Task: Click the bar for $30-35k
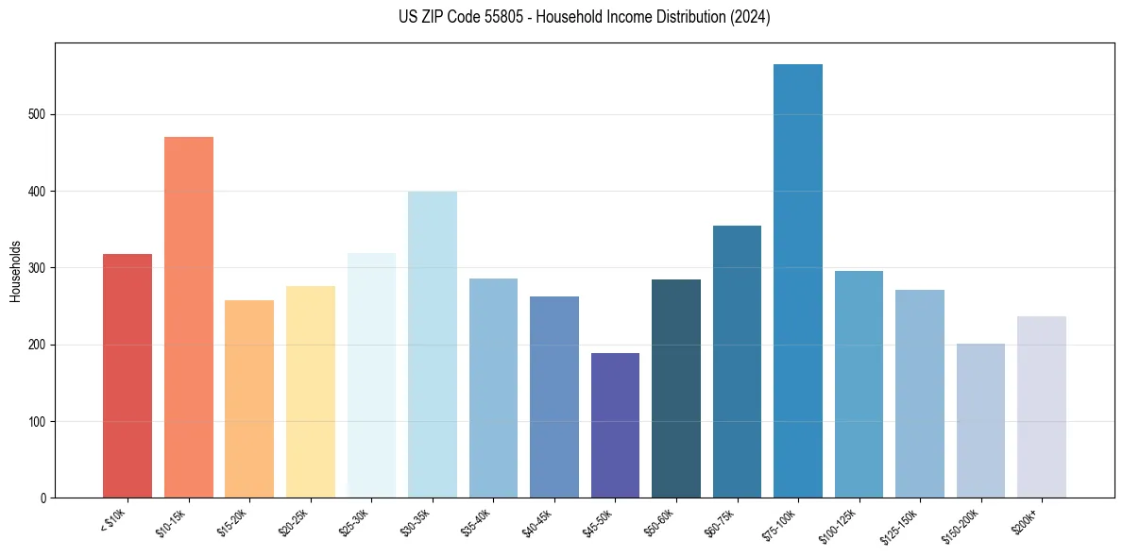[x=432, y=345]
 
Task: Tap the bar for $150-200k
[x=980, y=420]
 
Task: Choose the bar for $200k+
[x=1042, y=407]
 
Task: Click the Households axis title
[x=16, y=271]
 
